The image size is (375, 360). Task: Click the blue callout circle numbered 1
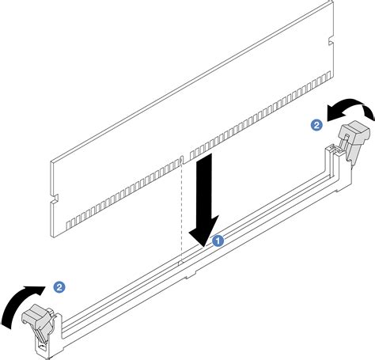218,241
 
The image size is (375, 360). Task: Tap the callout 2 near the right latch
316,124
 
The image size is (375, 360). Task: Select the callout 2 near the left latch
59,286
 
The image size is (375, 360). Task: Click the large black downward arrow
205,200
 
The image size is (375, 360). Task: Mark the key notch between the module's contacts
182,160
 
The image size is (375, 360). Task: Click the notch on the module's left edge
55,199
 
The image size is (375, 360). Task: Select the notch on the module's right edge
330,41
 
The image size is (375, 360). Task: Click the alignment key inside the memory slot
180,263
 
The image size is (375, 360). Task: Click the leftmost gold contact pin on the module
67,225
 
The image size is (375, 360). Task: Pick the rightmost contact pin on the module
328,76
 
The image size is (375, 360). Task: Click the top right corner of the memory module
333,2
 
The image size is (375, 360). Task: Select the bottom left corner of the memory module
54,237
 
